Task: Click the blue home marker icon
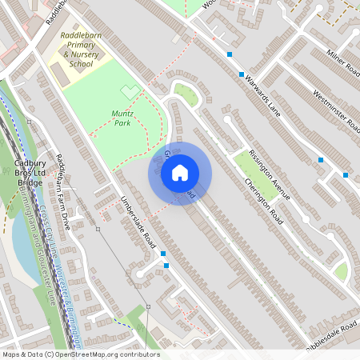[x=180, y=172]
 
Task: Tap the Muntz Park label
[x=122, y=119]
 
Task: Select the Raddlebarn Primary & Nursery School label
[x=80, y=49]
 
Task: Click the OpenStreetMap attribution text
[x=81, y=354]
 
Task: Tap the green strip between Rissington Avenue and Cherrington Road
[x=257, y=175]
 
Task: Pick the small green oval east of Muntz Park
[x=186, y=94]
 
